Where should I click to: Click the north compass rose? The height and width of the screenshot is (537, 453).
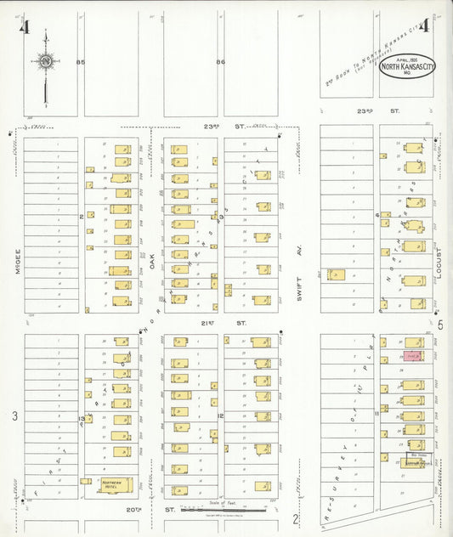pos(45,61)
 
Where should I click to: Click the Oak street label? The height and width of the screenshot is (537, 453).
pos(153,263)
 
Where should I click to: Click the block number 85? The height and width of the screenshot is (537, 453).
pos(81,62)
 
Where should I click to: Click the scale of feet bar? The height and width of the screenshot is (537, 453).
pos(229,512)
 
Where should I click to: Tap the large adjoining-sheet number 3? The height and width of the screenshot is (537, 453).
pos(14,415)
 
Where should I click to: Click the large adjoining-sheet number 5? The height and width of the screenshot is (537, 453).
pos(440,324)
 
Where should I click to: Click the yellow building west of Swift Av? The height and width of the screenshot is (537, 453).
pos(336,275)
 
